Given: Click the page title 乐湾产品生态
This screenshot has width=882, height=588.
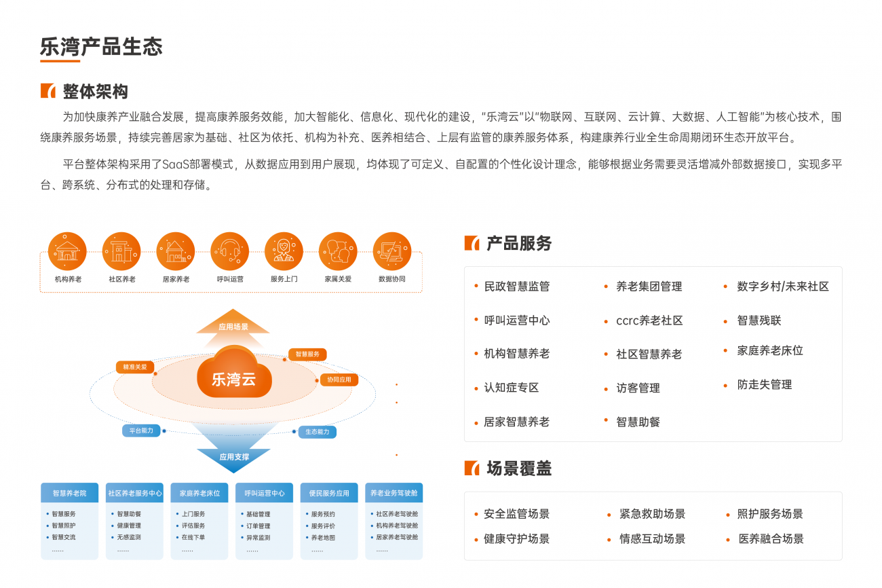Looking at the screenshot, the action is (101, 46).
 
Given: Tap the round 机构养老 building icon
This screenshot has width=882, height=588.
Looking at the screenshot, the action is (67, 251).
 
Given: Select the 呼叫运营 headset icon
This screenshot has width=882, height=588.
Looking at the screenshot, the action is (230, 251).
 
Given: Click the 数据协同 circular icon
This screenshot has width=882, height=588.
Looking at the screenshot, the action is (392, 251).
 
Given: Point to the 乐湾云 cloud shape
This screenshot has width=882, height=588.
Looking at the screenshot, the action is (234, 373).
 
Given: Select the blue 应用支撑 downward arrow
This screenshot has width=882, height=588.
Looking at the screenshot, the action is (233, 452).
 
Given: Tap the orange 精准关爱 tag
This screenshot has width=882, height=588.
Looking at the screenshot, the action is (134, 367).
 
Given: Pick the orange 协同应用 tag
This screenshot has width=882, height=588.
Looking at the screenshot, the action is (339, 380).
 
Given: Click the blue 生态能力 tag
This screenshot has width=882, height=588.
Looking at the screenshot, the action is (318, 432).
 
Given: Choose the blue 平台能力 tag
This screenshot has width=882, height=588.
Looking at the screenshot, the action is (141, 430).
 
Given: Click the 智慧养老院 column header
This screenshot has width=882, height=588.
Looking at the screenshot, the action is (70, 493).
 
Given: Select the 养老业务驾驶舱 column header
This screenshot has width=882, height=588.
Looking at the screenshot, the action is (394, 493).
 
